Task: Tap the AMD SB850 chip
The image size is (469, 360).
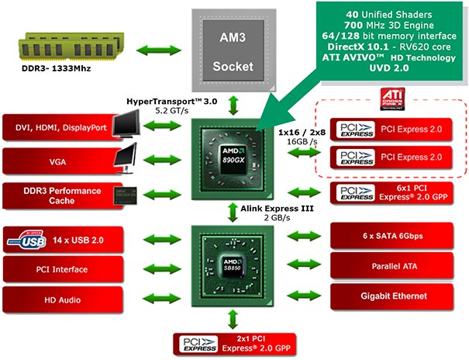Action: click(235, 265)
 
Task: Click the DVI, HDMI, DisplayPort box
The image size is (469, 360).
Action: click(58, 126)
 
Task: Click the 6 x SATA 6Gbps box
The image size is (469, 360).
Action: click(397, 235)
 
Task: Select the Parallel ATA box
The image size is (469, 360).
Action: click(397, 265)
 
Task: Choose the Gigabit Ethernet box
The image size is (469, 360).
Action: click(397, 296)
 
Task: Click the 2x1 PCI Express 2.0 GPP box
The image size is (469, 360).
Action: click(235, 343)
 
